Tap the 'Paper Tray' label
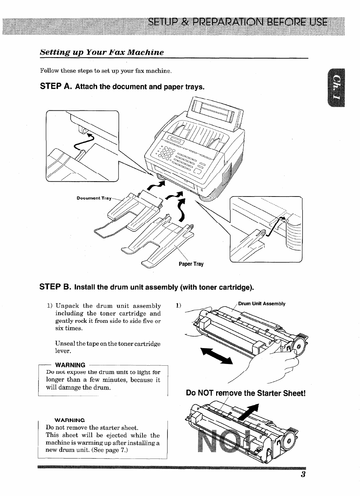click(191, 264)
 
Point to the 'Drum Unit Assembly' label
click(262, 304)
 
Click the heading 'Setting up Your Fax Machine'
click(102, 52)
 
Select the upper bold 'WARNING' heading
click(70, 365)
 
